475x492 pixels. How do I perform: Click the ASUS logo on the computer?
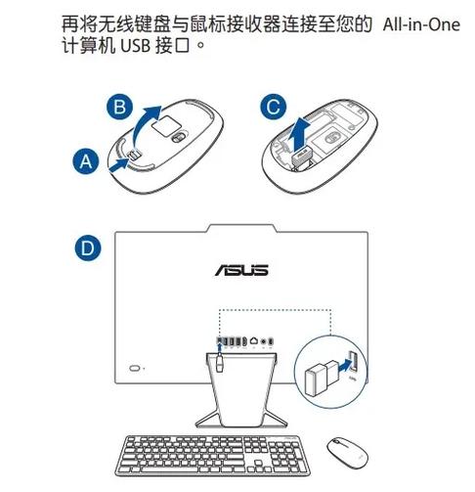coord(237,267)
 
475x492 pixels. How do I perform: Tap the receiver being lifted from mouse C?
coord(301,155)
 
